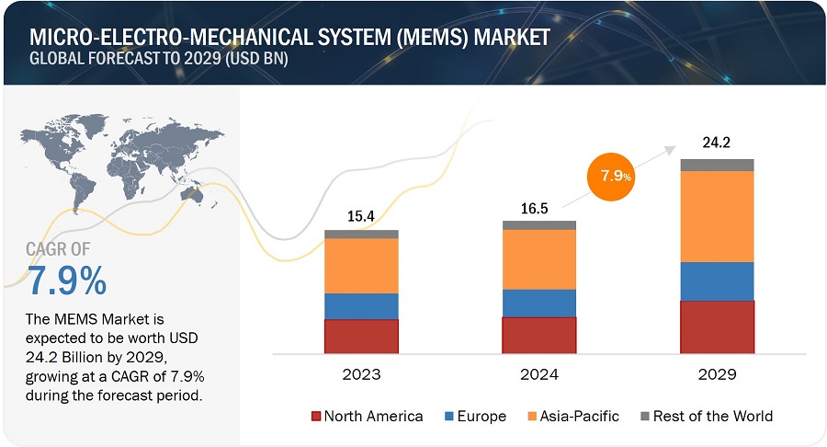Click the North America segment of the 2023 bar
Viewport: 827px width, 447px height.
pos(361,337)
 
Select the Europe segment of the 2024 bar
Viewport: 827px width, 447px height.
pos(538,303)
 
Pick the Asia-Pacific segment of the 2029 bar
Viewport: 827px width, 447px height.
pos(717,216)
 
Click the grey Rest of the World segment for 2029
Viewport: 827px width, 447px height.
pos(717,165)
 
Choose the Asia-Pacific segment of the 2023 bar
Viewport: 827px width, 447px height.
pos(361,266)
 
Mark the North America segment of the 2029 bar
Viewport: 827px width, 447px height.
pos(717,327)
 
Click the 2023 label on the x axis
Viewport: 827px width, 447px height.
pos(360,374)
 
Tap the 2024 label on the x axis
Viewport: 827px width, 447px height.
pos(538,374)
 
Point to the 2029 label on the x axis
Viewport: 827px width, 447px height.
pos(717,374)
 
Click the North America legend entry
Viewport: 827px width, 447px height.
pos(367,416)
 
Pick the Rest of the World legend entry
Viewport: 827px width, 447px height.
pos(706,416)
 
